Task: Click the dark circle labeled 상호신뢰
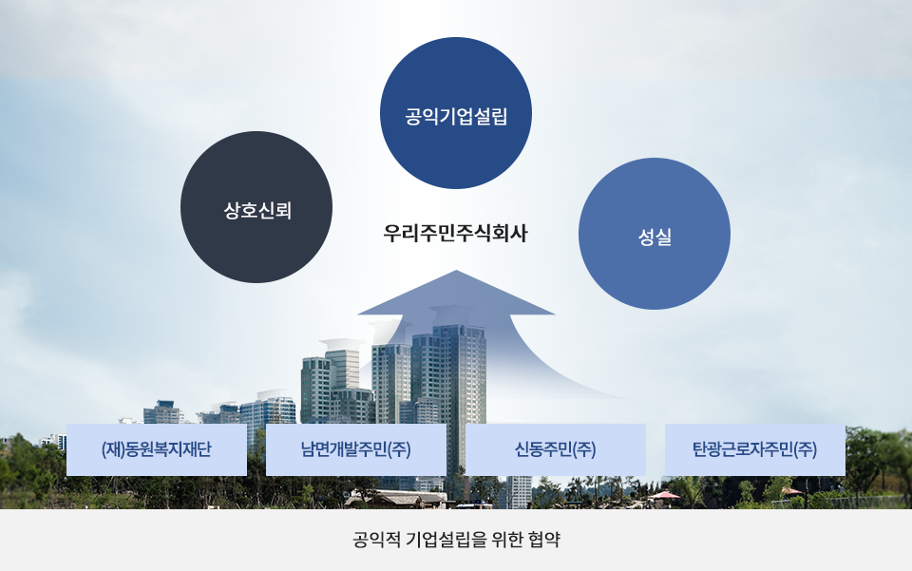pyautogui.click(x=256, y=207)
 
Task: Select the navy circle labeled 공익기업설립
pyautogui.click(x=456, y=113)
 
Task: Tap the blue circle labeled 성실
pyautogui.click(x=655, y=234)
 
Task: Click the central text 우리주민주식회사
pyautogui.click(x=455, y=233)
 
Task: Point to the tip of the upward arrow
pyautogui.click(x=456, y=271)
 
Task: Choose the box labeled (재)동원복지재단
pyautogui.click(x=157, y=449)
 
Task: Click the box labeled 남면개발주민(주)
pyautogui.click(x=356, y=449)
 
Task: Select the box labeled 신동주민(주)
pyautogui.click(x=556, y=449)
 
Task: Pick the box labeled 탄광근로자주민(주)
pyautogui.click(x=755, y=449)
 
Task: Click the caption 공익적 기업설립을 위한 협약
pyautogui.click(x=457, y=539)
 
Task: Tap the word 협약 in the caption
pyautogui.click(x=543, y=539)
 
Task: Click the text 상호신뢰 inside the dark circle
pyautogui.click(x=257, y=210)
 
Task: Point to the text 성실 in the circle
pyautogui.click(x=655, y=237)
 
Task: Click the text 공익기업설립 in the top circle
pyautogui.click(x=457, y=116)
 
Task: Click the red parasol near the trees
pyautogui.click(x=664, y=495)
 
